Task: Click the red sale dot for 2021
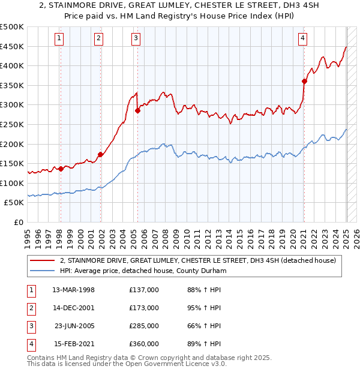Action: coord(304,81)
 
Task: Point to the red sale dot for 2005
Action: coord(138,110)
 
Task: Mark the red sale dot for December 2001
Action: coord(100,154)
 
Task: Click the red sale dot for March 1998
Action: coord(61,169)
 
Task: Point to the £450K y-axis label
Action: coord(13,46)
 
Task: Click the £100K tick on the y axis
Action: coord(13,183)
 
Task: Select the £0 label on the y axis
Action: coord(19,222)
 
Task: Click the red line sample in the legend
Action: coord(42,260)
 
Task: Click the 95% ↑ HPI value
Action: coord(204,308)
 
